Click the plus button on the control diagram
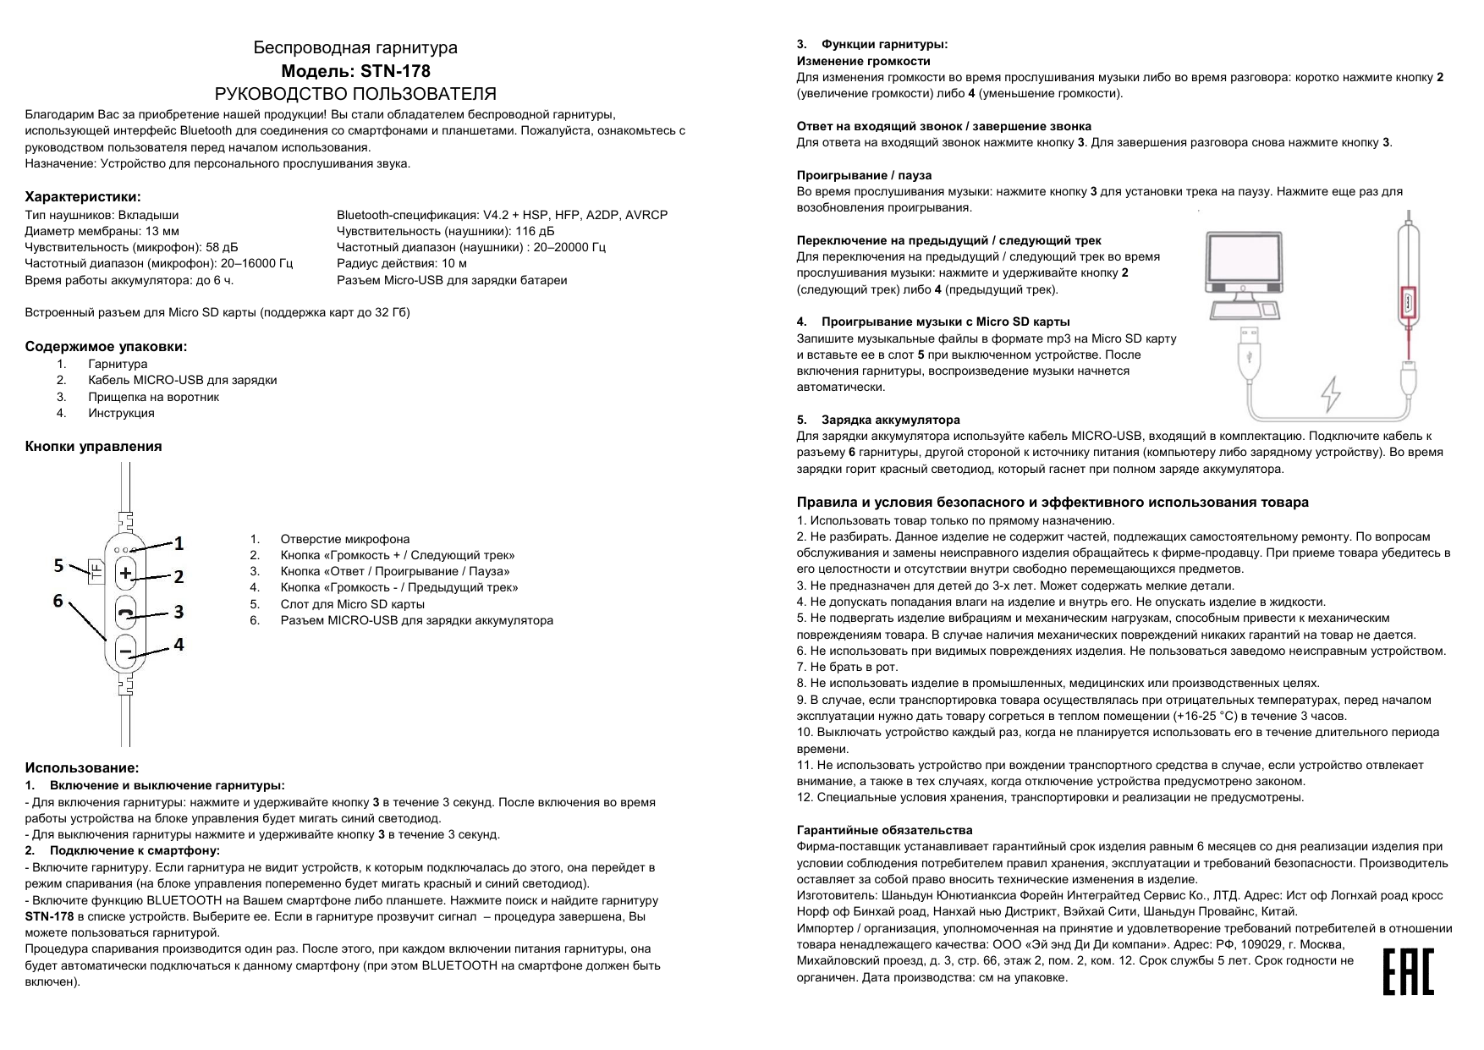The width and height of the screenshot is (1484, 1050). [x=126, y=574]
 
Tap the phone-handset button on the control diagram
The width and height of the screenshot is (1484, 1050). [x=126, y=613]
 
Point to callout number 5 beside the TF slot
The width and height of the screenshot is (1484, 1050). [x=58, y=564]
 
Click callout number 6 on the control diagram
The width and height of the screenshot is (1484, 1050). [x=58, y=601]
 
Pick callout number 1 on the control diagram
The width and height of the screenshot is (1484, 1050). [x=179, y=542]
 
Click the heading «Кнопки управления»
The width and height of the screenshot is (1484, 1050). [x=93, y=446]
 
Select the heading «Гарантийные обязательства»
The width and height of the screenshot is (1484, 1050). [x=884, y=830]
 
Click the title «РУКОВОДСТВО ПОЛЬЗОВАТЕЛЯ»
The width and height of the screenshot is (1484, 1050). [x=355, y=94]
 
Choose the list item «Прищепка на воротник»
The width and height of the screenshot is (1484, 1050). [x=153, y=397]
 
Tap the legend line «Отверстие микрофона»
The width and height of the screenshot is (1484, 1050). [x=344, y=539]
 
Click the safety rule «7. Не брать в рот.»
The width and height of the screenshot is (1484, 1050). [x=847, y=667]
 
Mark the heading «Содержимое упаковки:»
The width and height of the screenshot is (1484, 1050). [x=106, y=346]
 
